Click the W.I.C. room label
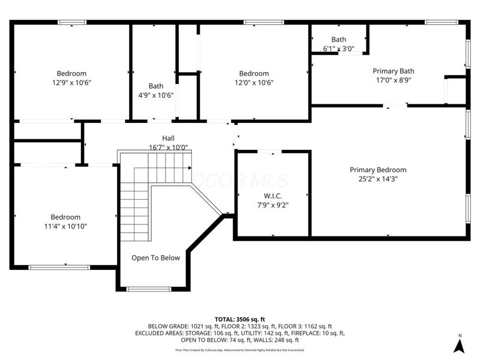(272, 196)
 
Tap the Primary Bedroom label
(378, 170)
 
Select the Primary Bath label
(393, 71)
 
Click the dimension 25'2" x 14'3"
(378, 179)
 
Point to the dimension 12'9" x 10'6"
(72, 83)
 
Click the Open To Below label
(155, 258)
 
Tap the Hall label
(168, 138)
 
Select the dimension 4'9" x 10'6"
(156, 95)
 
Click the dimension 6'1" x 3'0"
(338, 49)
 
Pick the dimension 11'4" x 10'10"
(65, 226)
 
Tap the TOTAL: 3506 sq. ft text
(240, 319)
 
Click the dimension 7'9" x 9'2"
(272, 205)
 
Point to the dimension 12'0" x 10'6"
(254, 83)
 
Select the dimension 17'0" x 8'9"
(393, 80)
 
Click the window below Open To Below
(148, 289)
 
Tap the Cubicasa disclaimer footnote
(240, 350)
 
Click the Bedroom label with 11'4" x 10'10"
(65, 217)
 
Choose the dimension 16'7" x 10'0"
(168, 147)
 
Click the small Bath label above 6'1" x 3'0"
(338, 40)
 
